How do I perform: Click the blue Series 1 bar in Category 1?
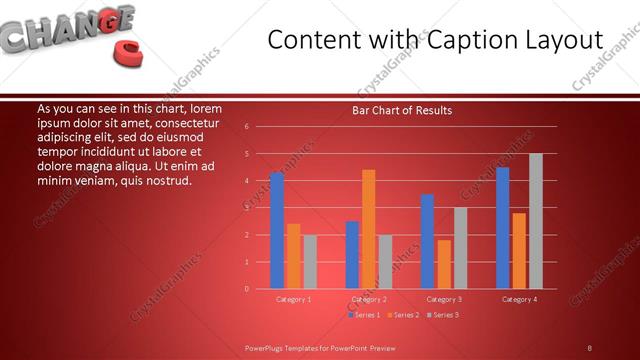pos(277,230)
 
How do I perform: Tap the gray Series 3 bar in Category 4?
pos(535,221)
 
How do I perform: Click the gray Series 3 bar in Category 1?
pos(310,261)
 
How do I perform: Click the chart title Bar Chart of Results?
pos(402,110)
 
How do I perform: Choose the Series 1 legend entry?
pos(364,315)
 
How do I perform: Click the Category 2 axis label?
pos(369,299)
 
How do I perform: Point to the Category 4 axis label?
pos(519,299)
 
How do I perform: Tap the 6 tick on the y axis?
pos(247,127)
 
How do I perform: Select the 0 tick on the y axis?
pos(247,289)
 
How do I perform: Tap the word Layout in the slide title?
pos(559,40)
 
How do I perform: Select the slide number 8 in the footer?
pos(589,347)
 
